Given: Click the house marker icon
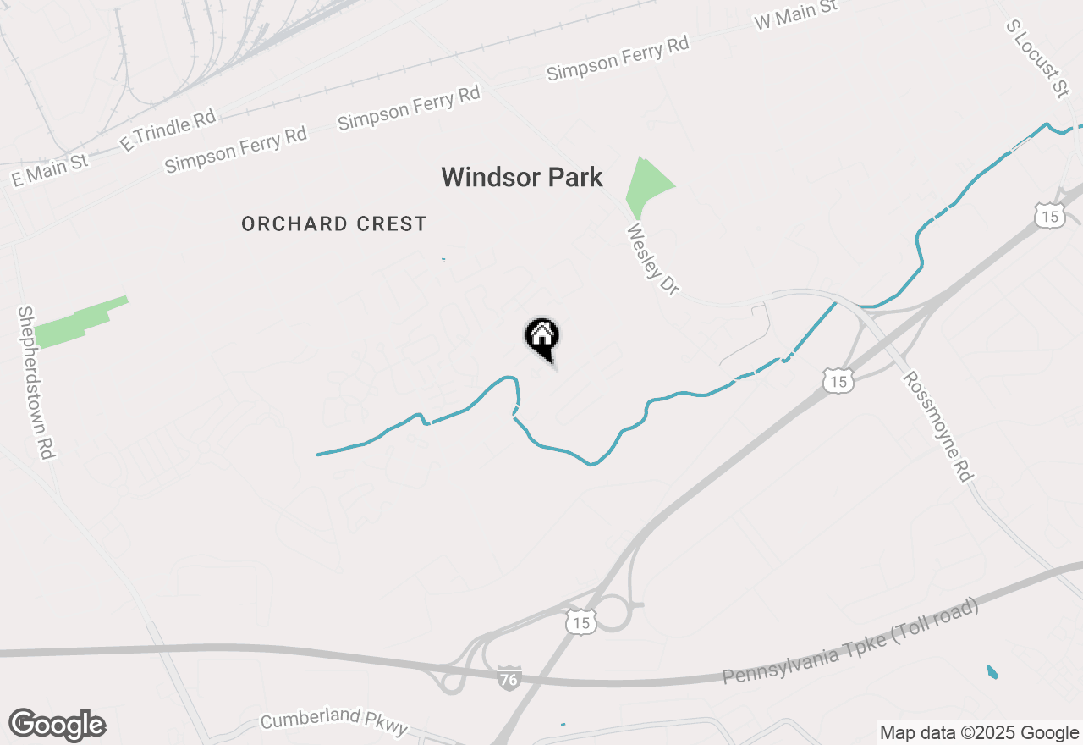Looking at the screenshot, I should [542, 337].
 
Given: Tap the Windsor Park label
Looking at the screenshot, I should [522, 177].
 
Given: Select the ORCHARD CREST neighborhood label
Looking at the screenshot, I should [334, 223].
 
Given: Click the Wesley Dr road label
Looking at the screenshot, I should [652, 259].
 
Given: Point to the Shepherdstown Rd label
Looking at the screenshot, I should [36, 383].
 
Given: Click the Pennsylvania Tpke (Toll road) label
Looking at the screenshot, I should [850, 643].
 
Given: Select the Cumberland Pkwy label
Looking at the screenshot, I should [334, 720].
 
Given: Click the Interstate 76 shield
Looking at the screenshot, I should [509, 678].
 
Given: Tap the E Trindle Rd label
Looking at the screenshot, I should [168, 130].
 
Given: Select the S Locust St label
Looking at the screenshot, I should [1037, 58].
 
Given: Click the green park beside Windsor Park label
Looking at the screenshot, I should [646, 186].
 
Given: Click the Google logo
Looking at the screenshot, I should [57, 726].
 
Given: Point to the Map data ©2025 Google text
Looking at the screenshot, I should [979, 733].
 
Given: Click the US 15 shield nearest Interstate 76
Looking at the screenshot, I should [581, 621].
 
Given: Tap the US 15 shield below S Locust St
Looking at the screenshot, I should [1049, 214].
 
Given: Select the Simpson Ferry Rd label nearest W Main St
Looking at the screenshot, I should [618, 58].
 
